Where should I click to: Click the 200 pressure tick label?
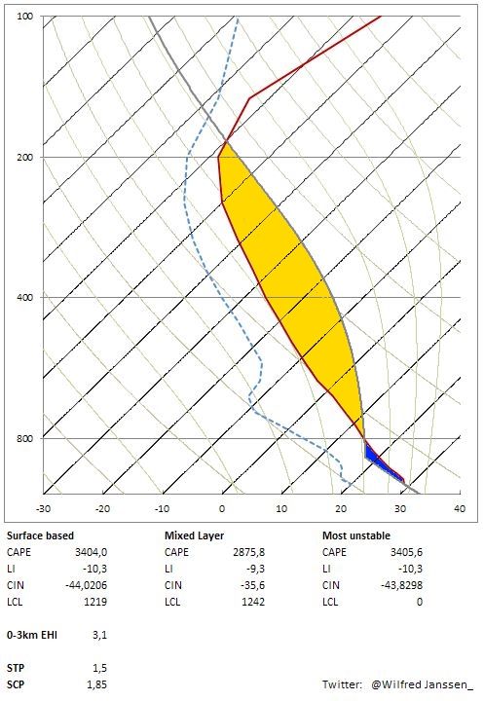[x=25, y=157]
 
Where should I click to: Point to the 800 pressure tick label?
[x=25, y=438]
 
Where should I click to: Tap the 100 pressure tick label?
[x=25, y=17]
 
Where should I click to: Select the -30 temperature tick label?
[x=43, y=508]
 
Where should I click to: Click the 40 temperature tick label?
[x=460, y=508]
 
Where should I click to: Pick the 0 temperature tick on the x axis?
[x=222, y=508]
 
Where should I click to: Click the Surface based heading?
[x=40, y=535]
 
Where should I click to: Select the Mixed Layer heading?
[x=194, y=535]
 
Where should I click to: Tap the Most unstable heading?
[x=356, y=535]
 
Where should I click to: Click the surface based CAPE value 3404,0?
[x=91, y=552]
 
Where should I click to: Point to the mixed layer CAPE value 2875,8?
[x=248, y=552]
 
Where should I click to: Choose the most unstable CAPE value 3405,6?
[x=406, y=552]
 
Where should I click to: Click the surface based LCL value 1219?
[x=95, y=602]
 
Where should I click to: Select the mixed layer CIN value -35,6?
[x=251, y=585]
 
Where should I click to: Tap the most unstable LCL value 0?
[x=420, y=602]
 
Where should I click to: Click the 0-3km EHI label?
[x=32, y=635]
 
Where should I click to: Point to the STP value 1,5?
[x=99, y=668]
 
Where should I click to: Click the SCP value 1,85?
[x=97, y=684]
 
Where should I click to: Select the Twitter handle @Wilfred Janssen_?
[x=422, y=684]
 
